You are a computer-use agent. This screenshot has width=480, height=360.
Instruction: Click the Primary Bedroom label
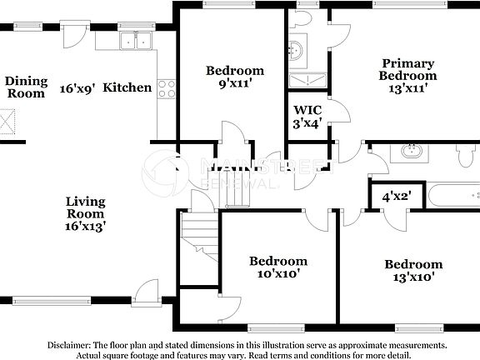tap(407, 75)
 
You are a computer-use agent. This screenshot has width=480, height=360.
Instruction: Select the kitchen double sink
tap(134, 40)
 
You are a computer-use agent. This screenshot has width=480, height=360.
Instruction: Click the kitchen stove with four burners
tap(167, 87)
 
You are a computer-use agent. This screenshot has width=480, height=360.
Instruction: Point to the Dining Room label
tap(26, 87)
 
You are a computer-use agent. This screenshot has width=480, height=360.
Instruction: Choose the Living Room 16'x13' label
tap(85, 213)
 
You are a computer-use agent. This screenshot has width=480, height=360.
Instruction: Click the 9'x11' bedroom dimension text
tap(235, 83)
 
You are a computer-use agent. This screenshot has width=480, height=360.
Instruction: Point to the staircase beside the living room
tap(200, 233)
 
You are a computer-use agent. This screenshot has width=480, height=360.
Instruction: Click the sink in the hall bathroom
tap(410, 151)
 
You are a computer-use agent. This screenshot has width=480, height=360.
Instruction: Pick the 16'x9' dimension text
tap(77, 87)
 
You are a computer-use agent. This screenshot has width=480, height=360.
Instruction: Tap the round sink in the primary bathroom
tap(297, 52)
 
